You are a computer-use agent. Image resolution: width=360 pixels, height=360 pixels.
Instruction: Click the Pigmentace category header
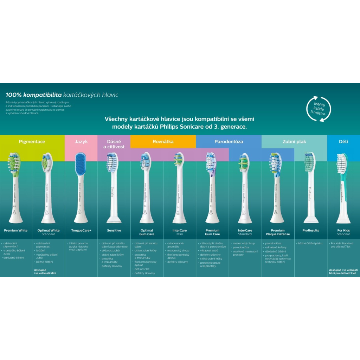32,142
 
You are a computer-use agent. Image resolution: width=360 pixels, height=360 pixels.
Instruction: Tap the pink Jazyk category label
81,142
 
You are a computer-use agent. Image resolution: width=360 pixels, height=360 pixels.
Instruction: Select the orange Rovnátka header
163,142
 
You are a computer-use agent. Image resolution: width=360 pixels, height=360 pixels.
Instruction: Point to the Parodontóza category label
229,142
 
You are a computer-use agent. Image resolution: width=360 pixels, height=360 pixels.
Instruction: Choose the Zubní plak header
294,142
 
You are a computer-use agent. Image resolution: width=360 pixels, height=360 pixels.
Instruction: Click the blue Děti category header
343,142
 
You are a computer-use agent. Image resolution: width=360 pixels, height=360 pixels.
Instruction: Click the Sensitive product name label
114,231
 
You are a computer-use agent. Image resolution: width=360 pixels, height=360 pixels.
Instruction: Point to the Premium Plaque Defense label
278,232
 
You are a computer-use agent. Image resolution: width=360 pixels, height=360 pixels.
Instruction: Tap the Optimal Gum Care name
147,232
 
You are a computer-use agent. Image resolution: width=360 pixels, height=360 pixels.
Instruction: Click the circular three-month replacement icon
318,109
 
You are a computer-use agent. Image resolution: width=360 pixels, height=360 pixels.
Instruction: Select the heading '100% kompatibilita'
34,95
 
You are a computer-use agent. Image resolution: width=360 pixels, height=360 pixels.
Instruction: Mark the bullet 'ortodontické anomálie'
175,245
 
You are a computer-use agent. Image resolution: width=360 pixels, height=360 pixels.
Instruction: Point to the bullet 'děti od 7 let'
142,269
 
